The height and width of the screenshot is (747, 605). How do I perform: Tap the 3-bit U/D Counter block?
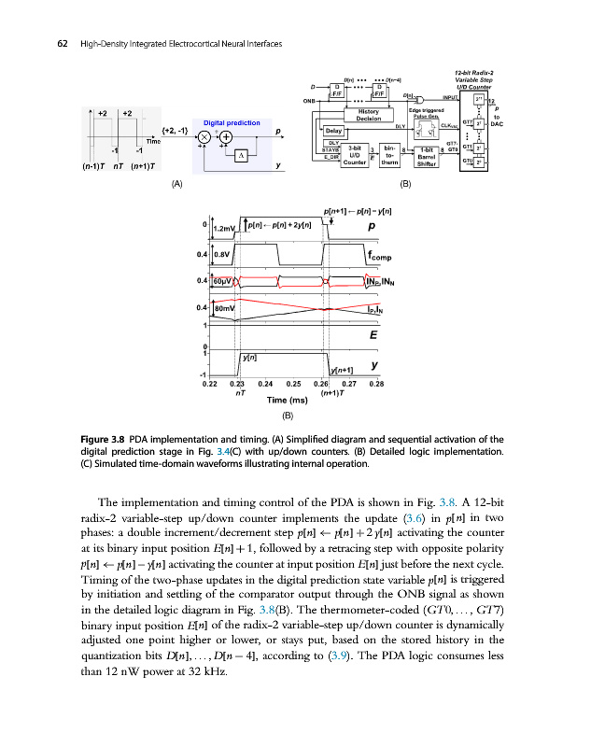354,156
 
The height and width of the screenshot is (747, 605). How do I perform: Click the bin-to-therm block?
388,156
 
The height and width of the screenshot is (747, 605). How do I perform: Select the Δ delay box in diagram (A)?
241,155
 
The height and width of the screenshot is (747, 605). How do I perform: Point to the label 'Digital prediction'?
231,122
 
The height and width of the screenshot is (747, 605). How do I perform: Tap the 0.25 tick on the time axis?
293,383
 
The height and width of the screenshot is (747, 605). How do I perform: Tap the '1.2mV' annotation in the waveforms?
226,228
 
